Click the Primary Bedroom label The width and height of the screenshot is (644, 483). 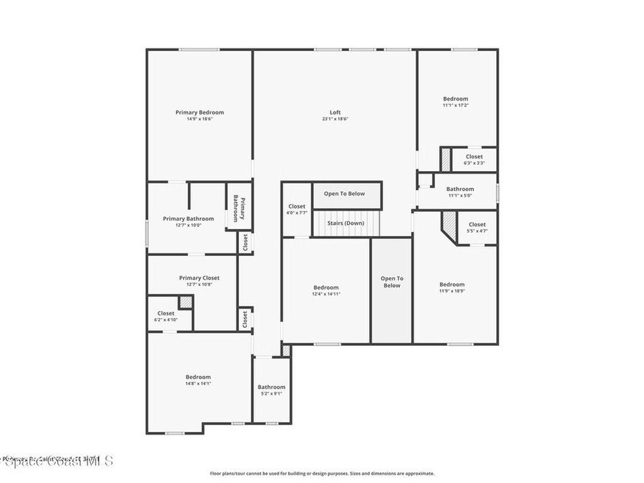tap(199, 113)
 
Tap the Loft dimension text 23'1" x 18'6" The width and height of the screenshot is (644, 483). tap(335, 119)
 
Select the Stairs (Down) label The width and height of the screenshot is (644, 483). tap(345, 223)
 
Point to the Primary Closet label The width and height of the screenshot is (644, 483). tap(199, 278)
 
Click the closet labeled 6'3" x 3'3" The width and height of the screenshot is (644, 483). tap(474, 160)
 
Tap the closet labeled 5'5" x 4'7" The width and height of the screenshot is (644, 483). tap(477, 228)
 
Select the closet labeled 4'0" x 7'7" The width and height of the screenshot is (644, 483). tap(297, 209)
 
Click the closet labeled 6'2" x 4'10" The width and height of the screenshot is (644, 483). tap(166, 316)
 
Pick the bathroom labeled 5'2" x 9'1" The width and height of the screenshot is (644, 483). tap(271, 390)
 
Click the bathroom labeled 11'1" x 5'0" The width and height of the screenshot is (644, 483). tap(460, 192)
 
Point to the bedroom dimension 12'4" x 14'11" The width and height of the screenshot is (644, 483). tap(326, 294)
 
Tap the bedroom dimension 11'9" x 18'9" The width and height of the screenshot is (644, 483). tap(452, 291)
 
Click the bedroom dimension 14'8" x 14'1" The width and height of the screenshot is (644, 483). tap(198, 383)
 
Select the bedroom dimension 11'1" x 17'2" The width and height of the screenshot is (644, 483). tap(455, 105)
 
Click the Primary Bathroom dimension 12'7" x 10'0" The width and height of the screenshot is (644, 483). tap(188, 225)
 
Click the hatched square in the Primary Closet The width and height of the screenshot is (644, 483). tap(186, 303)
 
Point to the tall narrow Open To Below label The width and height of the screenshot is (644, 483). tap(392, 282)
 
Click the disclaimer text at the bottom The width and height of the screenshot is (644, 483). tap(321, 474)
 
